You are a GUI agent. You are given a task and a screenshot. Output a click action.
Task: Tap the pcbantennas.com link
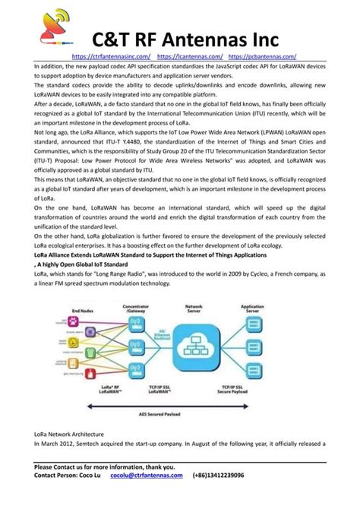pyautogui.click(x=262, y=56)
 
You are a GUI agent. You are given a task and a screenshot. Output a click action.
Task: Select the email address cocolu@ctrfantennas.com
pyautogui.click(x=147, y=475)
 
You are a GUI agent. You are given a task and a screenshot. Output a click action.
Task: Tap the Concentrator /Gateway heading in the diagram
pyautogui.click(x=156, y=308)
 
